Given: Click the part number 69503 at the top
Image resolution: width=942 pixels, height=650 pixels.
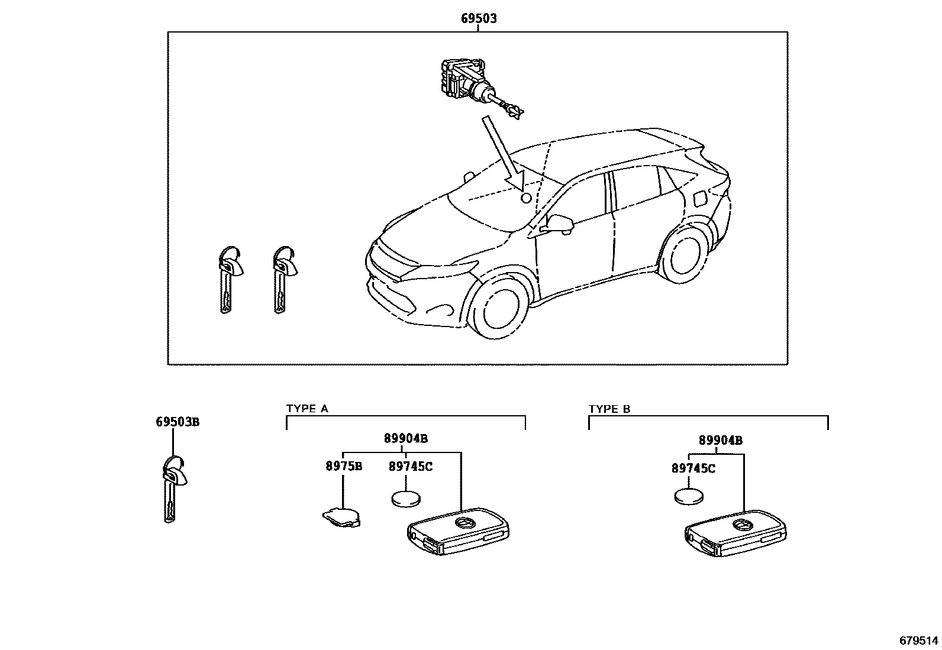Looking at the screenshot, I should (x=479, y=19).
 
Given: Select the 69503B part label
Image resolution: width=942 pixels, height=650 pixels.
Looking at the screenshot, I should (x=178, y=422).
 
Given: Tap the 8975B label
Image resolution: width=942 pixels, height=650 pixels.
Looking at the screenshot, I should (x=343, y=466).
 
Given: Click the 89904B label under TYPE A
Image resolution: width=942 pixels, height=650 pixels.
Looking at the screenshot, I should (x=405, y=439).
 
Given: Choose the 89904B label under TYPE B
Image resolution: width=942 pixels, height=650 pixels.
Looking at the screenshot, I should (x=720, y=441).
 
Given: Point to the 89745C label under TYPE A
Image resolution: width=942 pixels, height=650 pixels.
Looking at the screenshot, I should (x=410, y=466).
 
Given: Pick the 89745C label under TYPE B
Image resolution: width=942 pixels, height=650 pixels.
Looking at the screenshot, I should (x=693, y=468).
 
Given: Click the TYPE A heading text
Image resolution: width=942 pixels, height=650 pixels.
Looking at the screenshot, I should (x=307, y=409).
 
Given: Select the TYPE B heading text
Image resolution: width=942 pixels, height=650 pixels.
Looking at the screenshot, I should (x=609, y=409).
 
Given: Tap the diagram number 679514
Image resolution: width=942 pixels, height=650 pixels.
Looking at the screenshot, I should (x=918, y=641).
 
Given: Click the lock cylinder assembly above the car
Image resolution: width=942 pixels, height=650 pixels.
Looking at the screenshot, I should (x=473, y=86).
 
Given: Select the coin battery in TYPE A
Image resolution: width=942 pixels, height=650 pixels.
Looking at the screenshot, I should (x=407, y=499).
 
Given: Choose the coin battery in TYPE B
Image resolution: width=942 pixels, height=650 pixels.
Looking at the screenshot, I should (x=689, y=496).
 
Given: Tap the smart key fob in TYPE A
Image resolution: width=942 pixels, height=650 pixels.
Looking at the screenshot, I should (x=458, y=531).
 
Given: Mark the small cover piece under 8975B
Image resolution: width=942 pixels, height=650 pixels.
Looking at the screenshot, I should (x=342, y=517).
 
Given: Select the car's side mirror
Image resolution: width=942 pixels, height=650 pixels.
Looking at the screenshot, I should (x=559, y=223).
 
